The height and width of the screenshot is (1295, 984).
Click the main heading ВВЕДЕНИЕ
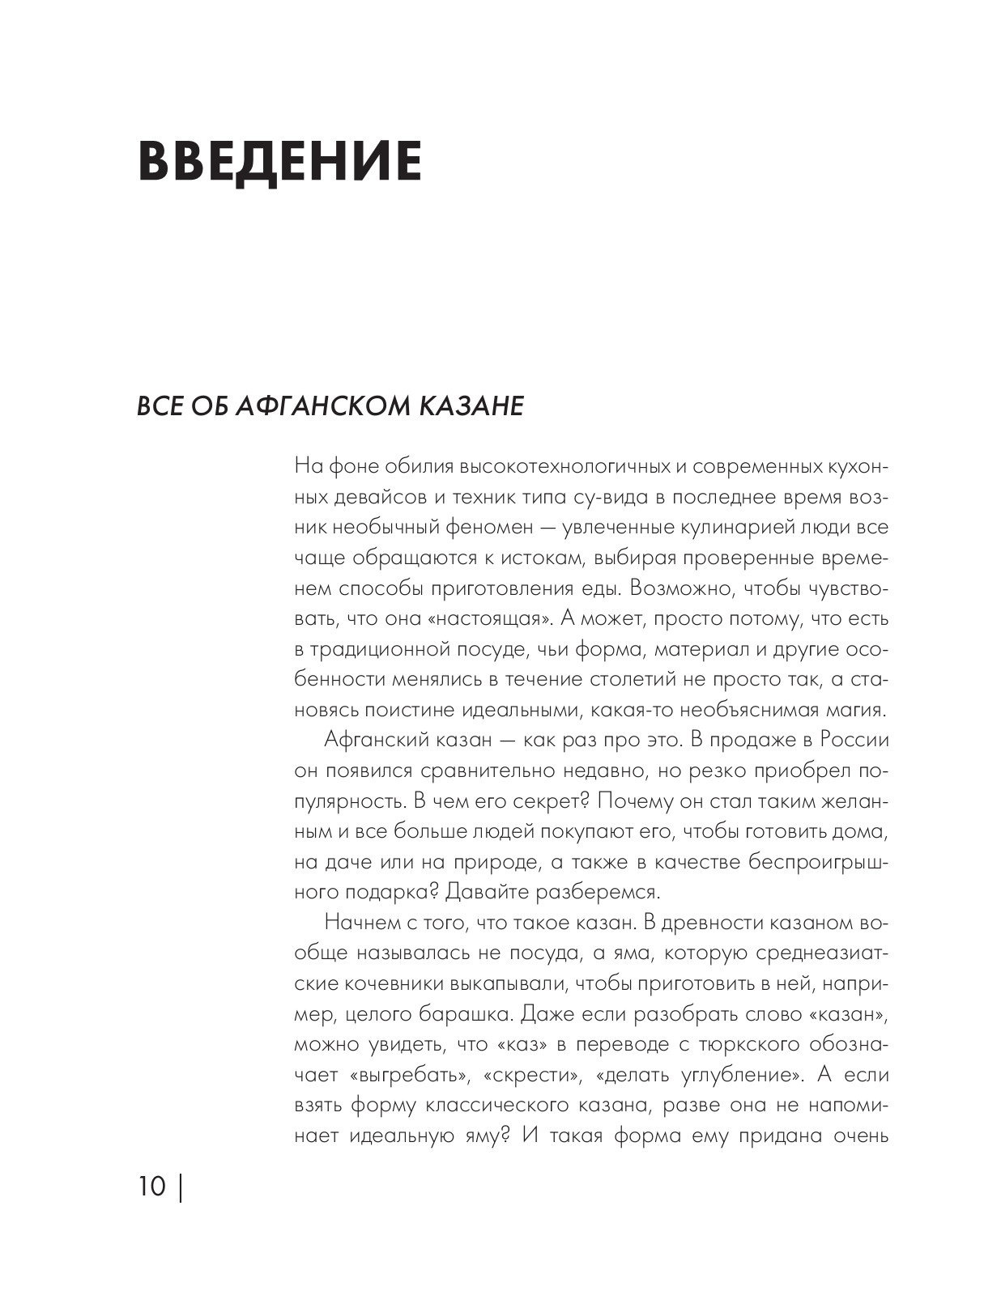(280, 161)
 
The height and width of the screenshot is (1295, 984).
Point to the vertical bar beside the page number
(179, 1187)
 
